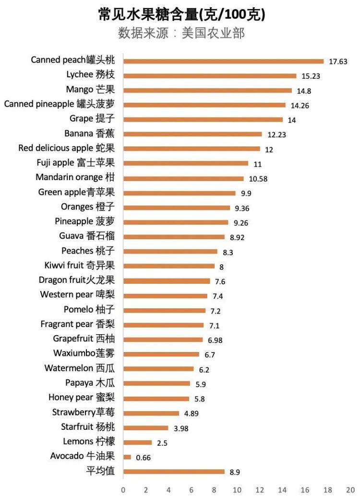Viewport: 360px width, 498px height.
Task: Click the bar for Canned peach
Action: click(x=223, y=61)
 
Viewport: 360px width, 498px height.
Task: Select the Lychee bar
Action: click(x=210, y=76)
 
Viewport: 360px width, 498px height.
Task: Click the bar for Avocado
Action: click(x=127, y=457)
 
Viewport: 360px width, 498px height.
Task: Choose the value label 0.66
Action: click(x=143, y=458)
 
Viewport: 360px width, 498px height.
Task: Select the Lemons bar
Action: click(x=138, y=442)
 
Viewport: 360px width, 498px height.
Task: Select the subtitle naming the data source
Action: click(x=181, y=34)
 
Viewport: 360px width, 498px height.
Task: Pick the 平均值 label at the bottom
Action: click(x=103, y=471)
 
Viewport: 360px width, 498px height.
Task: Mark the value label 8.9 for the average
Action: click(x=235, y=472)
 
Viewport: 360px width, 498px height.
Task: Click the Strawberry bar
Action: click(x=151, y=413)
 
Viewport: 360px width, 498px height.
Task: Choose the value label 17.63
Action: click(x=338, y=61)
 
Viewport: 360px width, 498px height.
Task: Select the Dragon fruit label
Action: click(x=77, y=280)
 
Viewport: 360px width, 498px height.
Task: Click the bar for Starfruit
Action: click(x=146, y=427)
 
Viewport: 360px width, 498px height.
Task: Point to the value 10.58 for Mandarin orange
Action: click(x=258, y=179)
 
